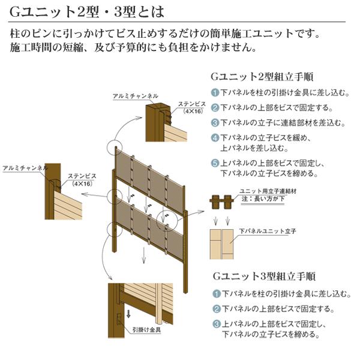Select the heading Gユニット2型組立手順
pyautogui.click(x=260, y=77)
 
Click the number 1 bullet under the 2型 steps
pyautogui.click(x=214, y=93)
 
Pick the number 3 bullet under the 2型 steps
pyautogui.click(x=214, y=123)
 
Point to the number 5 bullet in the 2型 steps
pyautogui.click(x=214, y=163)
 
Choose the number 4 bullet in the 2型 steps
pyautogui.click(x=214, y=137)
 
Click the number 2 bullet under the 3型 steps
pyautogui.click(x=217, y=310)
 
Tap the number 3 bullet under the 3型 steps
pyautogui.click(x=217, y=325)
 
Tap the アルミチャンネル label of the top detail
pyautogui.click(x=136, y=96)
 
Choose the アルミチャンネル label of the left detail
pyautogui.click(x=25, y=169)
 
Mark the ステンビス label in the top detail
pyautogui.click(x=193, y=104)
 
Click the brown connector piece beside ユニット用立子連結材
pyautogui.click(x=221, y=202)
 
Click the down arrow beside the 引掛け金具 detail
pyautogui.click(x=128, y=315)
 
